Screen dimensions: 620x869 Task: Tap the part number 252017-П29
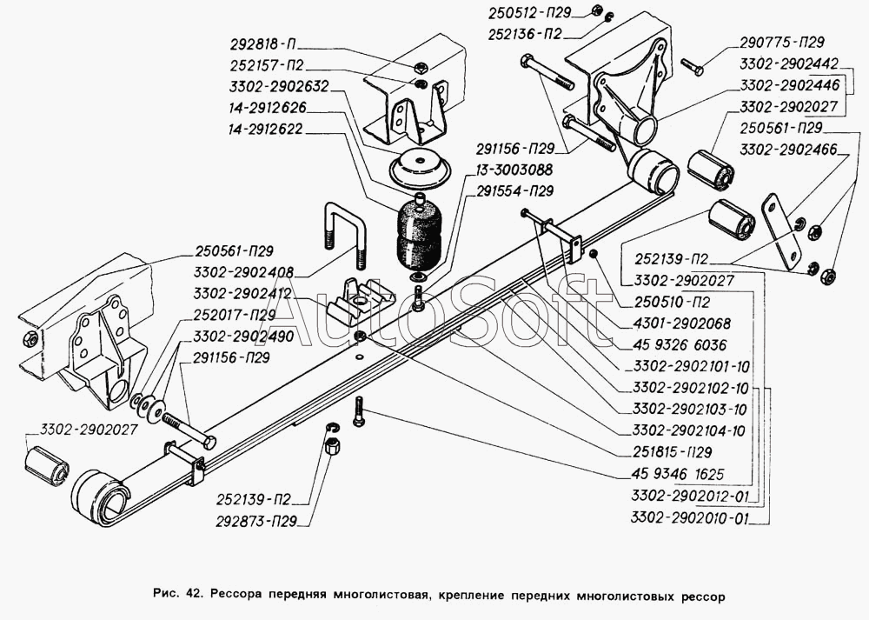coord(235,314)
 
